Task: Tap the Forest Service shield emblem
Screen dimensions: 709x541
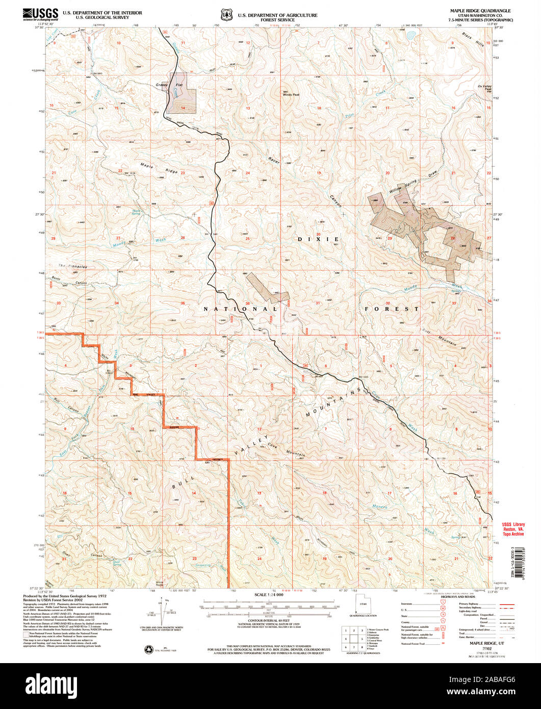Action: click(x=226, y=14)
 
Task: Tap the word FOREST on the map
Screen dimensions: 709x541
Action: click(x=392, y=309)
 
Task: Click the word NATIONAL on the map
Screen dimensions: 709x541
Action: click(x=240, y=309)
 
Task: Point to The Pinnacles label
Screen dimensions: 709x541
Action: click(x=72, y=266)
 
